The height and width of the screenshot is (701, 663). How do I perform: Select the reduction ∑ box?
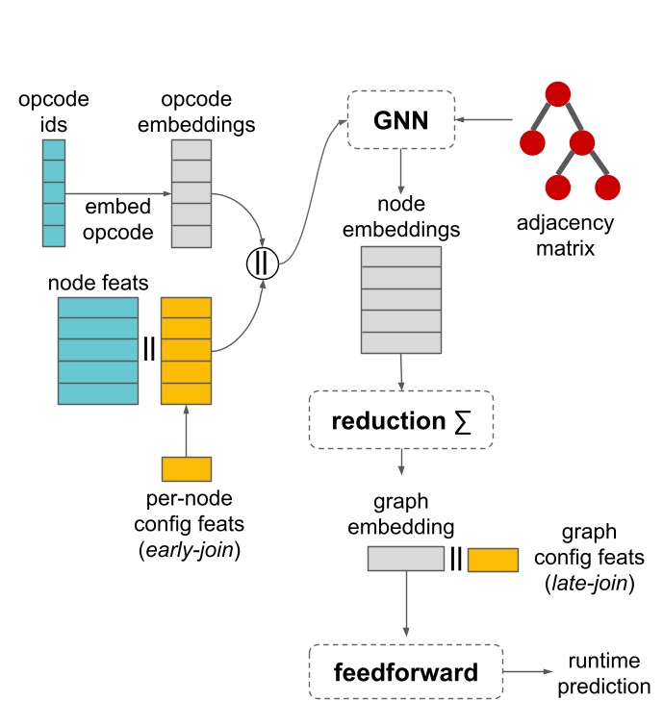[400, 419]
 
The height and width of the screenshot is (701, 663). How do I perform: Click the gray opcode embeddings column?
[191, 192]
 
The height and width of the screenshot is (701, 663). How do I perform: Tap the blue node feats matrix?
[97, 350]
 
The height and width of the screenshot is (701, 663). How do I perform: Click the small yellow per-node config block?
[186, 468]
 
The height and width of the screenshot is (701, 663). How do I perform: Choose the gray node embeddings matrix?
[400, 300]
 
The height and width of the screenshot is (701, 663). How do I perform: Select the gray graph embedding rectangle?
[402, 559]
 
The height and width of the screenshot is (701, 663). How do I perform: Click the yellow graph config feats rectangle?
[493, 559]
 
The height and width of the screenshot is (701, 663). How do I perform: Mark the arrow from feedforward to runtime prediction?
[530, 670]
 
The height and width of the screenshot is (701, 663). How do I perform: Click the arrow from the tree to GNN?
[487, 120]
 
